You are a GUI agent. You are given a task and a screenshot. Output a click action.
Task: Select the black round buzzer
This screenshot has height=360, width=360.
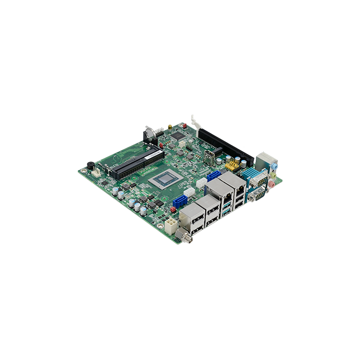91,166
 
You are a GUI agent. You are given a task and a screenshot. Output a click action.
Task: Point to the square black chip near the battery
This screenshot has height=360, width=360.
178,136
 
